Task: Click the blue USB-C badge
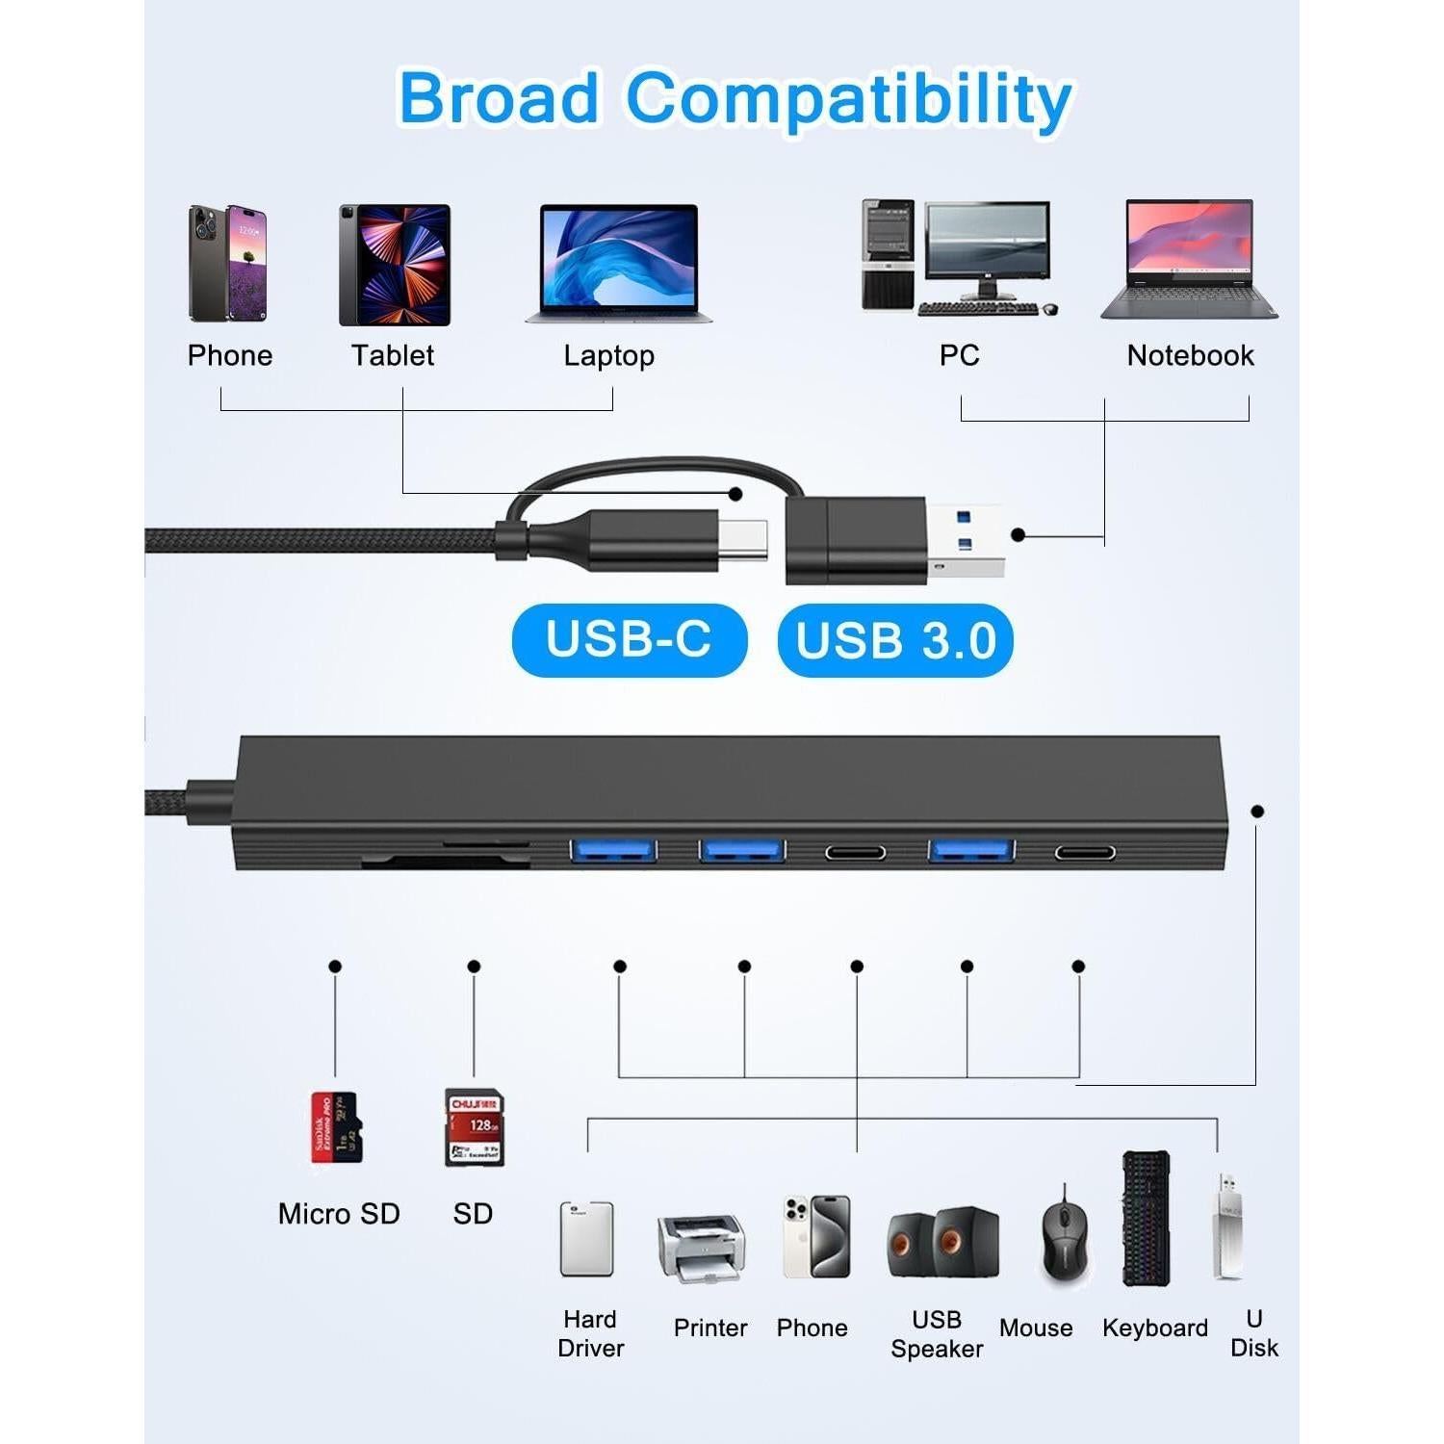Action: [629, 640]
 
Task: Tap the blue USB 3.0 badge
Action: [895, 640]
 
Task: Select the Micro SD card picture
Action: [335, 1126]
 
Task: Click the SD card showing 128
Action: [474, 1127]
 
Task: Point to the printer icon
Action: [702, 1248]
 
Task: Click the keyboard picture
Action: [1146, 1219]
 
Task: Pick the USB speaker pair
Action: [941, 1242]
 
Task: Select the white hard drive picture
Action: [586, 1239]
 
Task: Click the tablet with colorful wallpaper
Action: [395, 265]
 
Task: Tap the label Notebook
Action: [1190, 355]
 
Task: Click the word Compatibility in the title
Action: [849, 98]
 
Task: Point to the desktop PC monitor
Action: [987, 245]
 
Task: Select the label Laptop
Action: [608, 356]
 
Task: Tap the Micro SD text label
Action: [339, 1214]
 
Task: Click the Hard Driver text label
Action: [590, 1333]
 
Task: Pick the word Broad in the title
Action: [499, 98]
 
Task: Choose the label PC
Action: [959, 355]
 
